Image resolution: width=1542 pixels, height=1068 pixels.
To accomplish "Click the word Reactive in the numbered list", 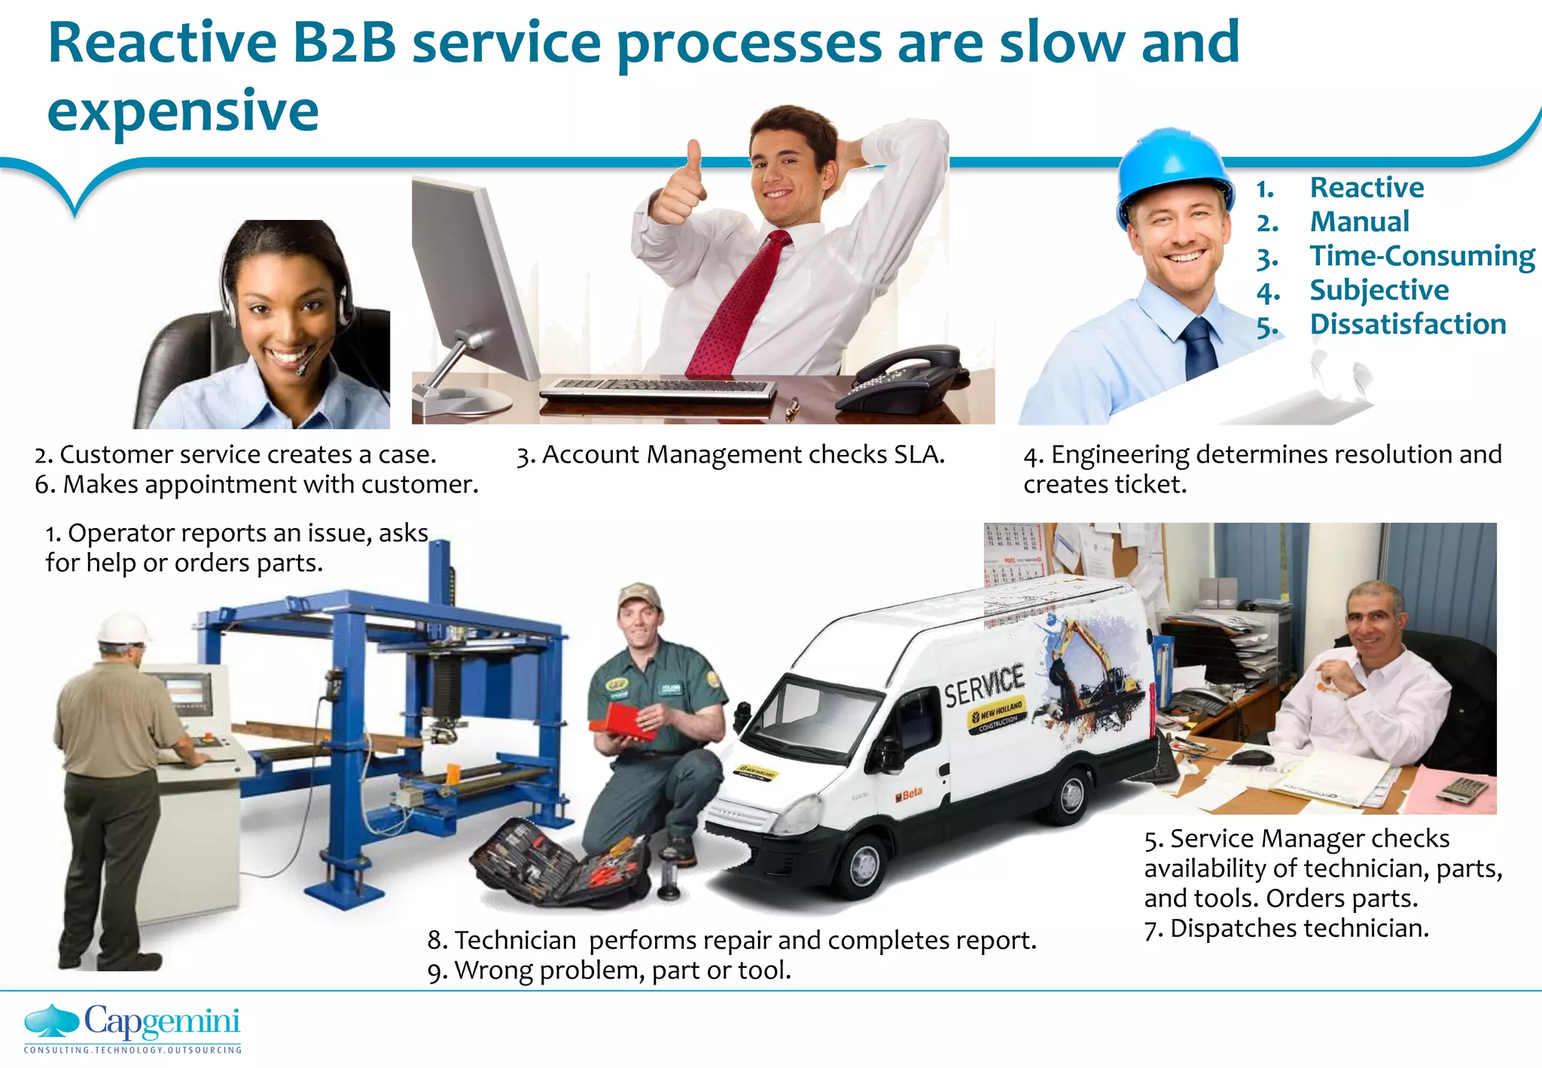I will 1367,188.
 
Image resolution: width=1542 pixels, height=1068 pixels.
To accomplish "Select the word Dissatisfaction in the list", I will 1407,325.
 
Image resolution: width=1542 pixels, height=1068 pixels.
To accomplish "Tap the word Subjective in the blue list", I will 1379,290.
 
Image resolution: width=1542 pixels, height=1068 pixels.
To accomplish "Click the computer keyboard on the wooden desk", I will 658,389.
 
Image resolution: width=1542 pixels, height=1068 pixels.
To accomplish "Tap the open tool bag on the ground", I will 561,862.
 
